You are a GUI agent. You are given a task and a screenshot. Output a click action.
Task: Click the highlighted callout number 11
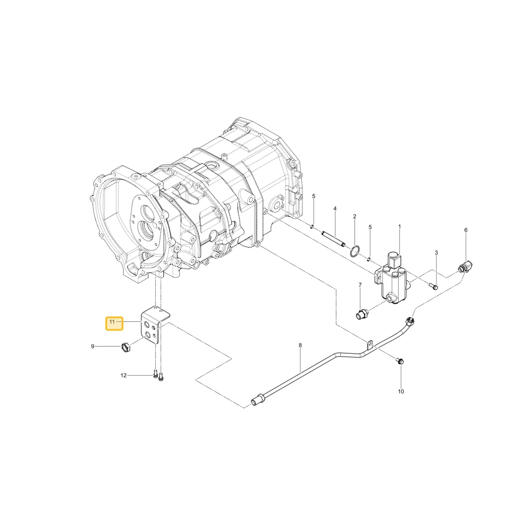(112, 322)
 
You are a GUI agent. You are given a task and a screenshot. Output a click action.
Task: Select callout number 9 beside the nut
(93, 346)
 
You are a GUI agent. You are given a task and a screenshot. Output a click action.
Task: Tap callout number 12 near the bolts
(124, 376)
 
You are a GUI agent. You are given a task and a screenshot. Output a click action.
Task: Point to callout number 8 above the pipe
(300, 345)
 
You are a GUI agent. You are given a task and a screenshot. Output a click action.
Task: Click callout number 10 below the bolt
(401, 391)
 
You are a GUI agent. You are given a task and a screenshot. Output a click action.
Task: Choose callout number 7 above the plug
(360, 285)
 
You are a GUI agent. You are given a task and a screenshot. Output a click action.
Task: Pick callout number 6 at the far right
(466, 230)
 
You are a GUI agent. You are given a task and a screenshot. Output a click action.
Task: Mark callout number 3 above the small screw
(436, 252)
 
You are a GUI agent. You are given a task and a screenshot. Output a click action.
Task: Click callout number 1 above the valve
(400, 227)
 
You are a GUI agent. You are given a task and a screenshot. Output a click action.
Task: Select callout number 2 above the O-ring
(355, 216)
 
